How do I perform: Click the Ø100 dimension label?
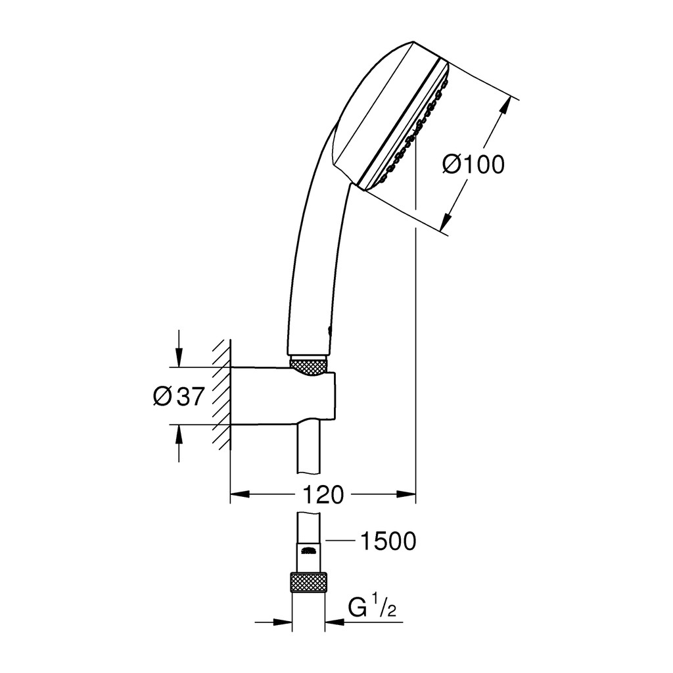(x=473, y=164)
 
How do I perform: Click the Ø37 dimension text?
(x=177, y=396)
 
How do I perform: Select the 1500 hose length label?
(x=388, y=541)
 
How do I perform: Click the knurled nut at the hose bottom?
(x=308, y=582)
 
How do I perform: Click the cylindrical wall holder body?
(x=283, y=396)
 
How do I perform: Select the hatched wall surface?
(x=222, y=394)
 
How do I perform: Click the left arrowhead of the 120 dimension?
(x=240, y=494)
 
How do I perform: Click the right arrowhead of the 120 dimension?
(x=406, y=494)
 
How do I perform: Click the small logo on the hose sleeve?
(x=308, y=551)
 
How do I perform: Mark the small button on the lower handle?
(x=329, y=331)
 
